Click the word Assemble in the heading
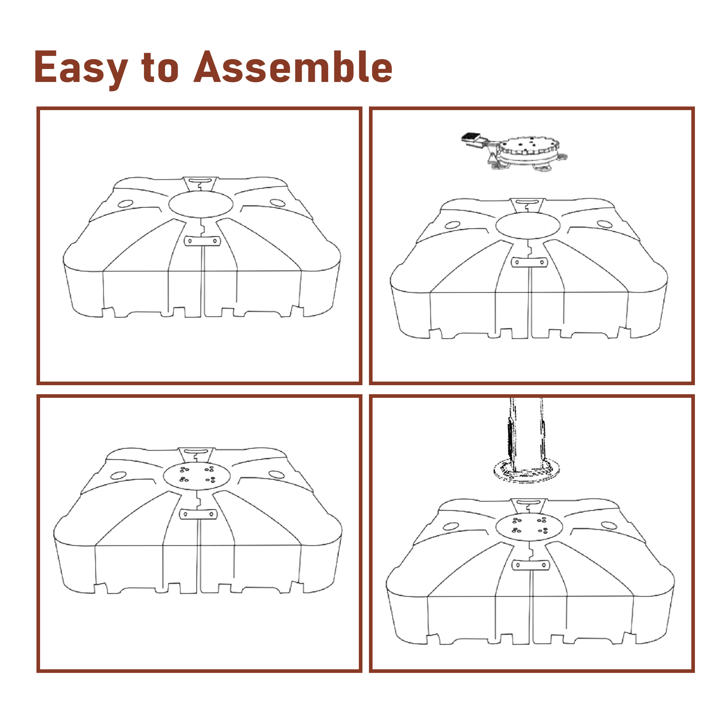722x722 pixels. (293, 67)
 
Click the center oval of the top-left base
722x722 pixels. (201, 204)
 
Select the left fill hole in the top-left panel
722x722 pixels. (125, 204)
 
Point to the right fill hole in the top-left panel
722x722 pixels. (278, 203)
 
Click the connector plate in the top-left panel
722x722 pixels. (202, 241)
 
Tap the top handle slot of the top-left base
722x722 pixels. (200, 180)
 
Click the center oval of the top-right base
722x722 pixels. (528, 225)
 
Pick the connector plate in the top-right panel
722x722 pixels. (530, 262)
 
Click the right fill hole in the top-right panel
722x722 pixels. (604, 224)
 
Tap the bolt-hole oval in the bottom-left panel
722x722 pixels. (197, 476)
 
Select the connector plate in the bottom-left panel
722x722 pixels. (198, 514)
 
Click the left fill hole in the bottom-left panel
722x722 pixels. (118, 476)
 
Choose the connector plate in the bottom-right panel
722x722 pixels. (530, 565)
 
